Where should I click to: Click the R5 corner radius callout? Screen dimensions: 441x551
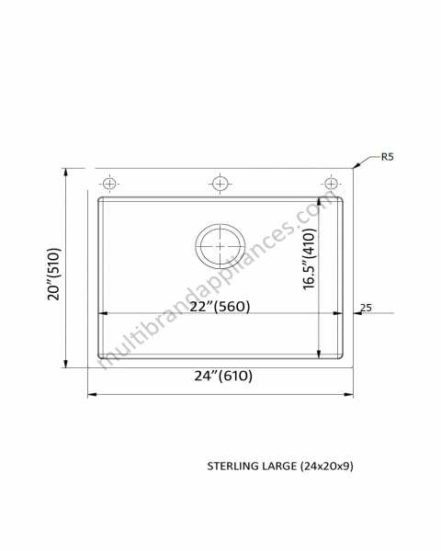click(x=387, y=157)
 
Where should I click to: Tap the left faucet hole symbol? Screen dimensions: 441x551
click(x=109, y=184)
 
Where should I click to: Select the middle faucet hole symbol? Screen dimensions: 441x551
click(x=220, y=184)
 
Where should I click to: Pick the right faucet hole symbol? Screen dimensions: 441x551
click(x=331, y=184)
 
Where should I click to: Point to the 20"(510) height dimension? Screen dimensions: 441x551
click(x=54, y=274)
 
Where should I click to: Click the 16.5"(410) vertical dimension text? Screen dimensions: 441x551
click(x=310, y=259)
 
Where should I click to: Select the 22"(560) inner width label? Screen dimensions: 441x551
click(x=220, y=307)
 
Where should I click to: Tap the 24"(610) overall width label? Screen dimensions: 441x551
click(x=223, y=376)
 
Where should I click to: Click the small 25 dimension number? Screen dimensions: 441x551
click(x=366, y=308)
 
